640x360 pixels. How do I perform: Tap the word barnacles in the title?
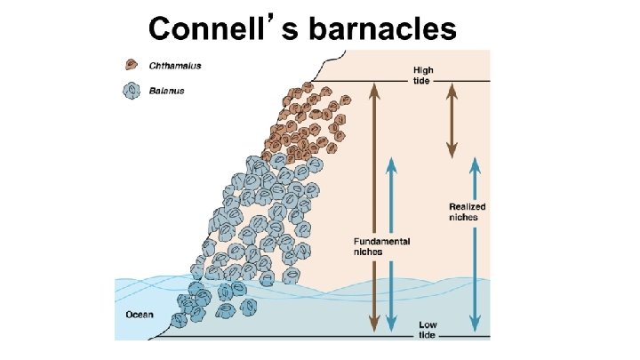click(382, 28)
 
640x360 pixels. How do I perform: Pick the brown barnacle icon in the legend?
click(132, 65)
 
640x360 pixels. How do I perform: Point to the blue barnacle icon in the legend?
click(132, 91)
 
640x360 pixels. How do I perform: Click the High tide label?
click(424, 75)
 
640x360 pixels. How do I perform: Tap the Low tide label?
click(428, 329)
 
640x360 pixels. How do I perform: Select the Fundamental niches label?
click(381, 246)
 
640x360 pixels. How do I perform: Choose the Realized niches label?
click(467, 212)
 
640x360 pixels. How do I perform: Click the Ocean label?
click(139, 314)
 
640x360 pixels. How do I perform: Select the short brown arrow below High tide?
click(451, 119)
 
